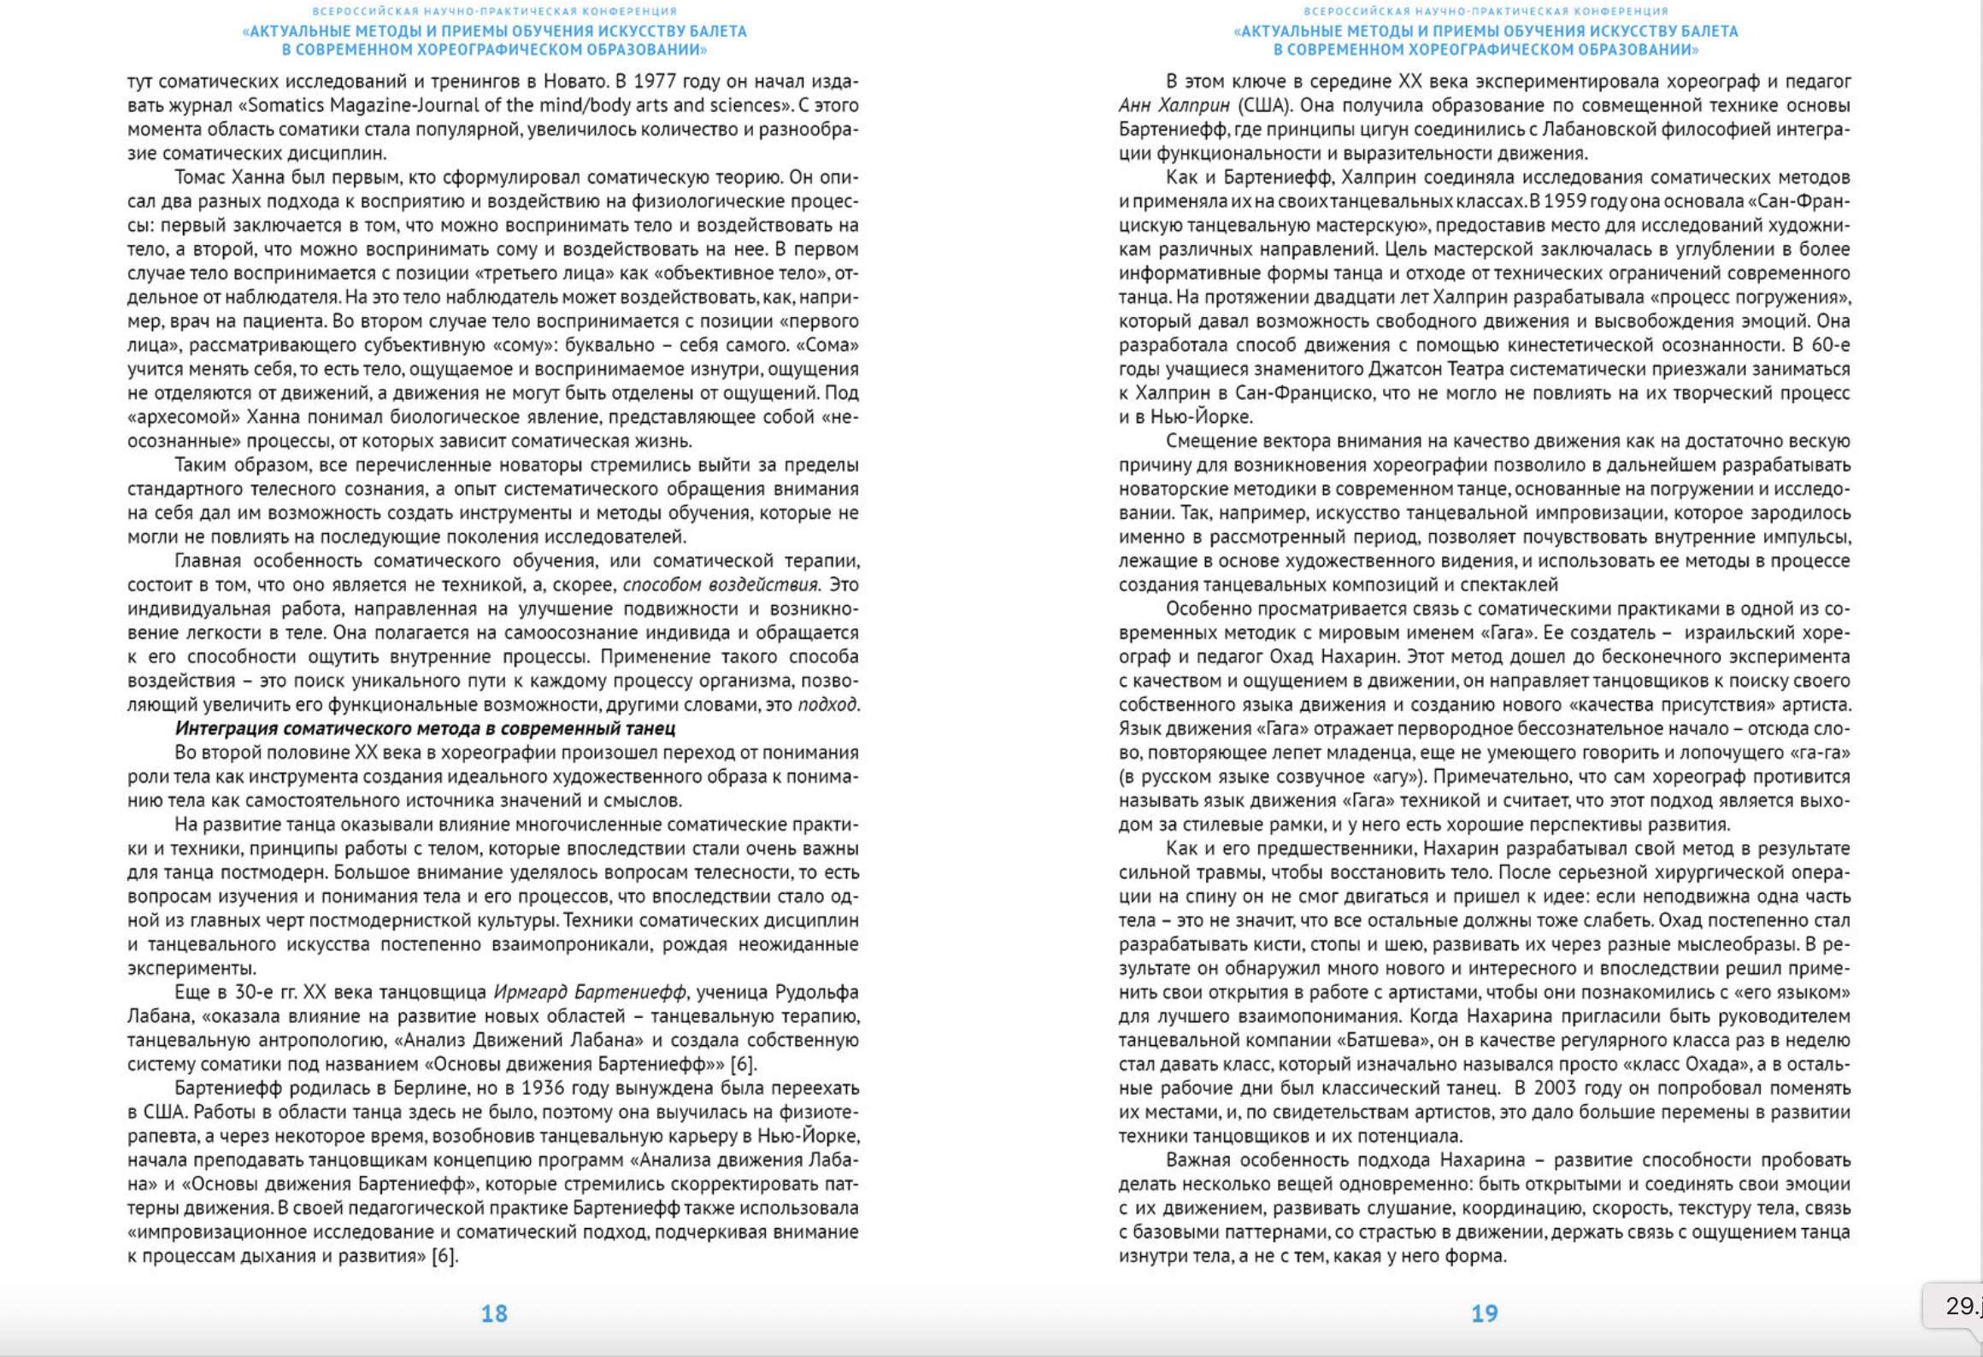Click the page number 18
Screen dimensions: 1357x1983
coord(494,1313)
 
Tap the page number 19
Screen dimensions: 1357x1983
coord(1484,1313)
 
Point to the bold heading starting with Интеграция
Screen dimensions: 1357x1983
coord(425,728)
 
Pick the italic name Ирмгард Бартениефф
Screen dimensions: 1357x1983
coord(590,992)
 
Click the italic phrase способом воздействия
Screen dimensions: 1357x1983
coord(720,585)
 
